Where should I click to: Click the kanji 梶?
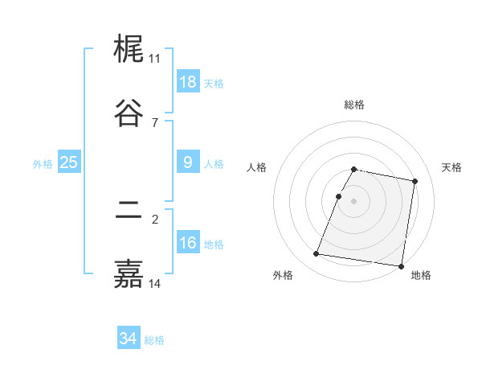coord(129,51)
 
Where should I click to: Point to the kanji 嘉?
coord(129,274)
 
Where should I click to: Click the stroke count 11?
coord(154,59)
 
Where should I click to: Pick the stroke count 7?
coord(154,122)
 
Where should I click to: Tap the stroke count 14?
coord(154,283)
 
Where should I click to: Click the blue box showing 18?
coord(188,82)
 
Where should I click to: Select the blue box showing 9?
coord(188,162)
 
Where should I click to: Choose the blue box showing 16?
coord(188,243)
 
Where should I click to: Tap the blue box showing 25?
coord(68,162)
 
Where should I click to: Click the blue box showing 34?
coord(128,339)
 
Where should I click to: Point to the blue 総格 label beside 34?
coord(154,340)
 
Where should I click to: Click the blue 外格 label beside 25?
coord(43,163)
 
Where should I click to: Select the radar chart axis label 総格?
coord(354,105)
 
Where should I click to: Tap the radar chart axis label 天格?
coord(452,167)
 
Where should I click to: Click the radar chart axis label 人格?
coord(257,167)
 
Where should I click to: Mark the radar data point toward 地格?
coord(401,265)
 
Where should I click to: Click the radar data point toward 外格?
coord(316,254)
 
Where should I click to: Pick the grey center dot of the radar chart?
coord(354,200)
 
